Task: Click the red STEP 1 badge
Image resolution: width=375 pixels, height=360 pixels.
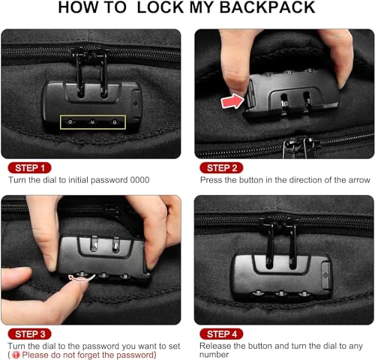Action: [x=30, y=167]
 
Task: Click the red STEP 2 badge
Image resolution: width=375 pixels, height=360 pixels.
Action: [x=223, y=167]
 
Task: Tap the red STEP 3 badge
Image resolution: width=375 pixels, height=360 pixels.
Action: [x=31, y=334]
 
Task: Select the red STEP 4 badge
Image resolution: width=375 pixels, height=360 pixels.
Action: [x=223, y=334]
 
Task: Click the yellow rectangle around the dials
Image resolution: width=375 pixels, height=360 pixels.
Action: [x=93, y=121]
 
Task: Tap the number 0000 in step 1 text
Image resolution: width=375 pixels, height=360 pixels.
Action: [x=138, y=181]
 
